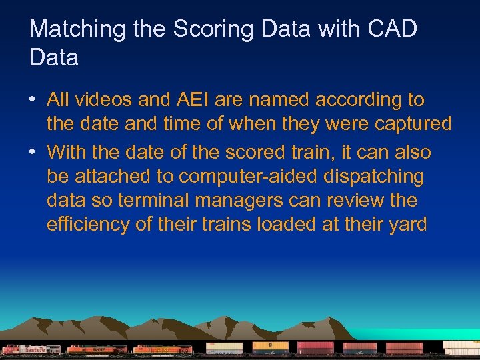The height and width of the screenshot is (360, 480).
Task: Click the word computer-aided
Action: (234, 177)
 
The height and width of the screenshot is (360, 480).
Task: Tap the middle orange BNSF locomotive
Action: (97, 349)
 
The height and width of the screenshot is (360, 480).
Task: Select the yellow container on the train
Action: (270, 345)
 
